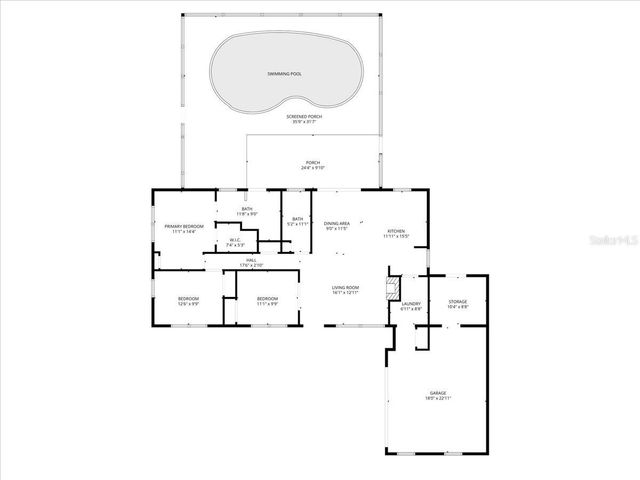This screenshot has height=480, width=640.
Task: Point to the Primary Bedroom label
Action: [x=184, y=228]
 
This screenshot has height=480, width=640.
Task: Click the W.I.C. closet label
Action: [x=233, y=241]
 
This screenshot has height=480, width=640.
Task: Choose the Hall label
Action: [x=251, y=262]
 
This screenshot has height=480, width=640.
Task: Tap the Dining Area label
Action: [x=336, y=226]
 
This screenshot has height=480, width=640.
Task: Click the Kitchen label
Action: [x=396, y=232]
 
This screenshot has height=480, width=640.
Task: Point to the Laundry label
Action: [x=411, y=306]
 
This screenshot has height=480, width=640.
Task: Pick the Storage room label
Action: [x=457, y=302]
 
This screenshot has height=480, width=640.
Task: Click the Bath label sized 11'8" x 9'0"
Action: [x=246, y=211]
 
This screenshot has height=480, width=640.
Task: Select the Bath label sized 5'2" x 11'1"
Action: [x=298, y=222]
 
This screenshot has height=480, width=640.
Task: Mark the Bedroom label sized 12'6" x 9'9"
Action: [x=188, y=301]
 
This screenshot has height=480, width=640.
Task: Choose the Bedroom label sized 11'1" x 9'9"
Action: [x=267, y=301]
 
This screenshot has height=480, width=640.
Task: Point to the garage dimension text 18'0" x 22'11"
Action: [x=438, y=399]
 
